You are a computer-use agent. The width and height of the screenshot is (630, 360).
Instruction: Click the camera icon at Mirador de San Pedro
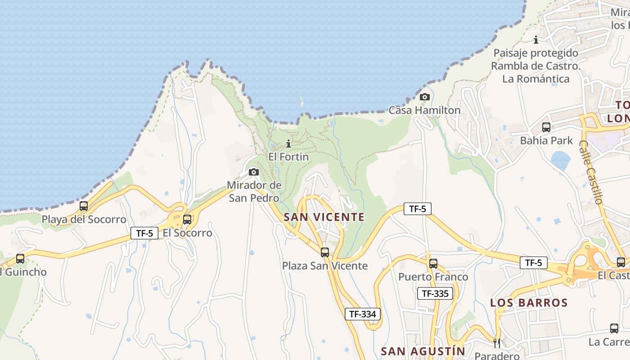point(254,172)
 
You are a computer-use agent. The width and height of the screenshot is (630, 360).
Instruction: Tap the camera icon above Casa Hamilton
point(424,97)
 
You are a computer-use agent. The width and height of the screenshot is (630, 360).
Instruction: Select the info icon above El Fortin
point(288,144)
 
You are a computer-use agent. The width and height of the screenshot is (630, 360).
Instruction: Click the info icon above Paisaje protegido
point(536,40)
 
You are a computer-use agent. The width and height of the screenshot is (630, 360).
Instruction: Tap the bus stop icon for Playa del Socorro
point(84,206)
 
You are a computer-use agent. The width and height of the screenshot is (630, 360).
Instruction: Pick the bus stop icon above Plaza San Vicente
point(324,252)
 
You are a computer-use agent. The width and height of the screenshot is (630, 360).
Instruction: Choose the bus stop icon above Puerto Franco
point(433,264)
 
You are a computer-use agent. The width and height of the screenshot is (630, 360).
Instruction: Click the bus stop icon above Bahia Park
point(546,127)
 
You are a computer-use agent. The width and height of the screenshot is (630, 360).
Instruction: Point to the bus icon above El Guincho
point(20,259)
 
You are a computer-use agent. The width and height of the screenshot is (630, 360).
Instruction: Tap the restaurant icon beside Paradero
point(497,343)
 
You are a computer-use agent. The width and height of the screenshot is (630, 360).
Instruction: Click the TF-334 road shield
point(363,314)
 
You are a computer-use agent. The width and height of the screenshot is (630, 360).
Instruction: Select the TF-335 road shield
point(435,294)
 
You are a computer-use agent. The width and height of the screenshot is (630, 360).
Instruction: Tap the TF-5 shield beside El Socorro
point(144,233)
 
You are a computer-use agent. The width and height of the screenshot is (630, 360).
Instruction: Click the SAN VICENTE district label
point(324,217)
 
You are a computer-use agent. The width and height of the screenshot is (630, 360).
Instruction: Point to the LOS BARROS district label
point(529,302)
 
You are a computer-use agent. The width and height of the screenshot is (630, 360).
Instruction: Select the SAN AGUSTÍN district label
point(423,351)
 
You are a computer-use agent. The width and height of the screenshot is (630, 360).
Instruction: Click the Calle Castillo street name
point(591,172)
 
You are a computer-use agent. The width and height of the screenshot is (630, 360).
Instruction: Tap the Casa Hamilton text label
point(424,110)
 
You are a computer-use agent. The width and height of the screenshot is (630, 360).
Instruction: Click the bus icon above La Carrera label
point(614,328)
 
